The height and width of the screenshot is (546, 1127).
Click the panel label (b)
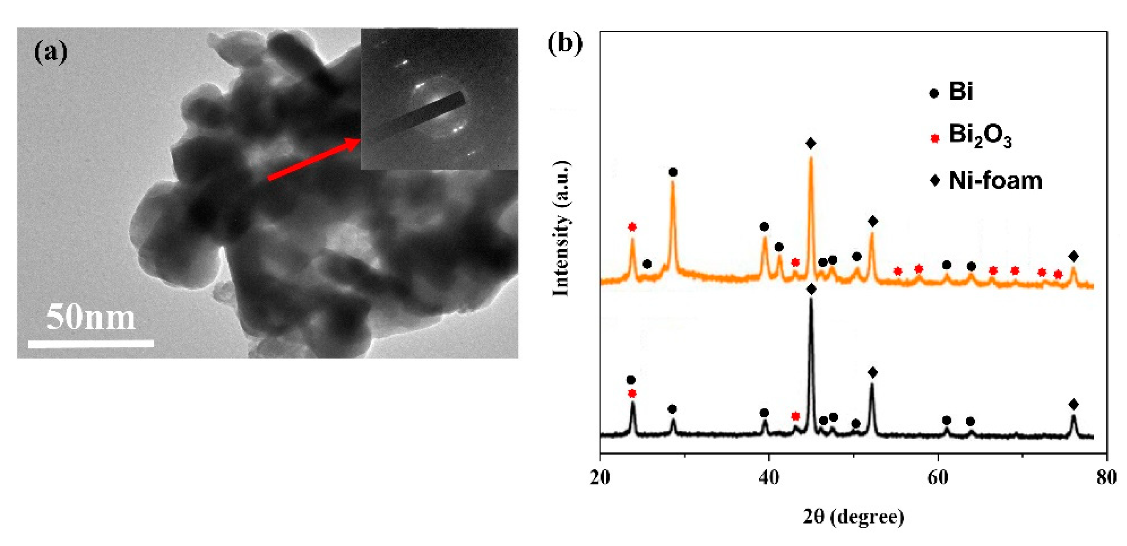point(565,44)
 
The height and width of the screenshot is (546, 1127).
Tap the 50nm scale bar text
point(91,317)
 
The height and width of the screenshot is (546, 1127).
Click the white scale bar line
point(91,344)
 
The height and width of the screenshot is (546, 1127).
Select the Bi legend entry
point(952,92)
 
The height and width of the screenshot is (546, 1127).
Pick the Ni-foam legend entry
point(987,181)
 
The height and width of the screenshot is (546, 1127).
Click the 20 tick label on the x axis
point(600,477)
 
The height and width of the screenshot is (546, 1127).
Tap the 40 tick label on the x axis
point(769,477)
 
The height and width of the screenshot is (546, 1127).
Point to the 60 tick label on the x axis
point(938,477)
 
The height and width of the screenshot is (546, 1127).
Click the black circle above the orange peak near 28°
point(673,172)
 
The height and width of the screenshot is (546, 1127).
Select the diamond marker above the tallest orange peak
point(811,143)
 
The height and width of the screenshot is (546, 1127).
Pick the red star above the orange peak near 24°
point(632,226)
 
